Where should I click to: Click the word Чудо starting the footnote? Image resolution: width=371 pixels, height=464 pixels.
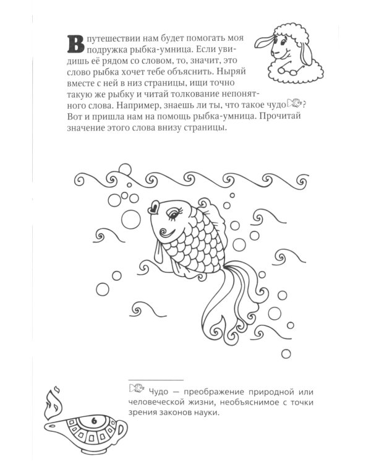pos(160,390)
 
